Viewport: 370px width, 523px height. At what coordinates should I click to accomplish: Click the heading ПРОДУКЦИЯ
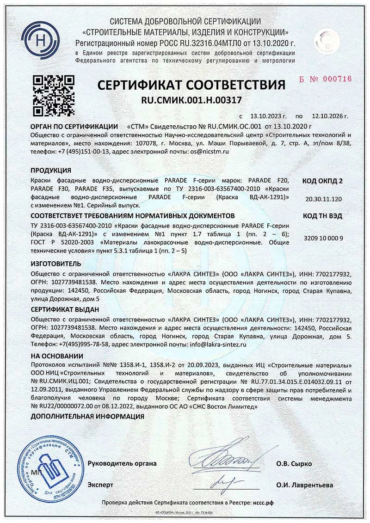(x=50, y=170)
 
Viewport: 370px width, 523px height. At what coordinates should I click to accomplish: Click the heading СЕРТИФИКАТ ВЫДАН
(x=65, y=309)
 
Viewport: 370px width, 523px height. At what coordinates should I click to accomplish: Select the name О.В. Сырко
(x=294, y=464)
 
